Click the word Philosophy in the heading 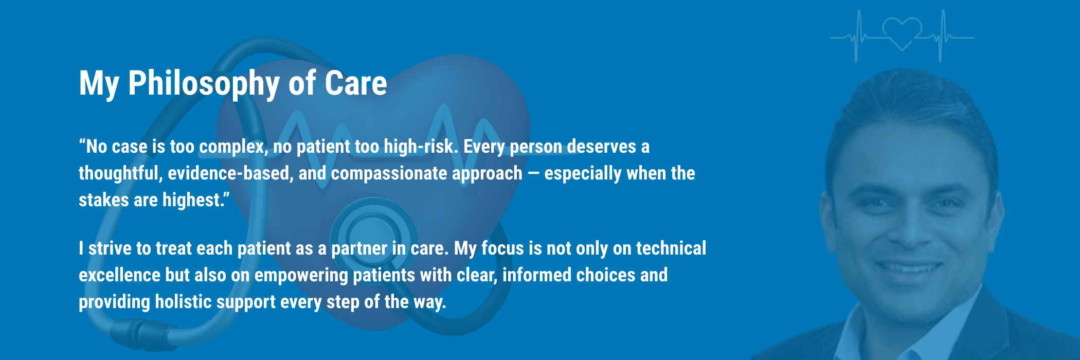(204, 83)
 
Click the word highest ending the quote (193, 200)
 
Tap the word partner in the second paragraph (359, 249)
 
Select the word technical (671, 248)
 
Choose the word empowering (301, 276)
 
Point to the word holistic (183, 302)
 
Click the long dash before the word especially (533, 173)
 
